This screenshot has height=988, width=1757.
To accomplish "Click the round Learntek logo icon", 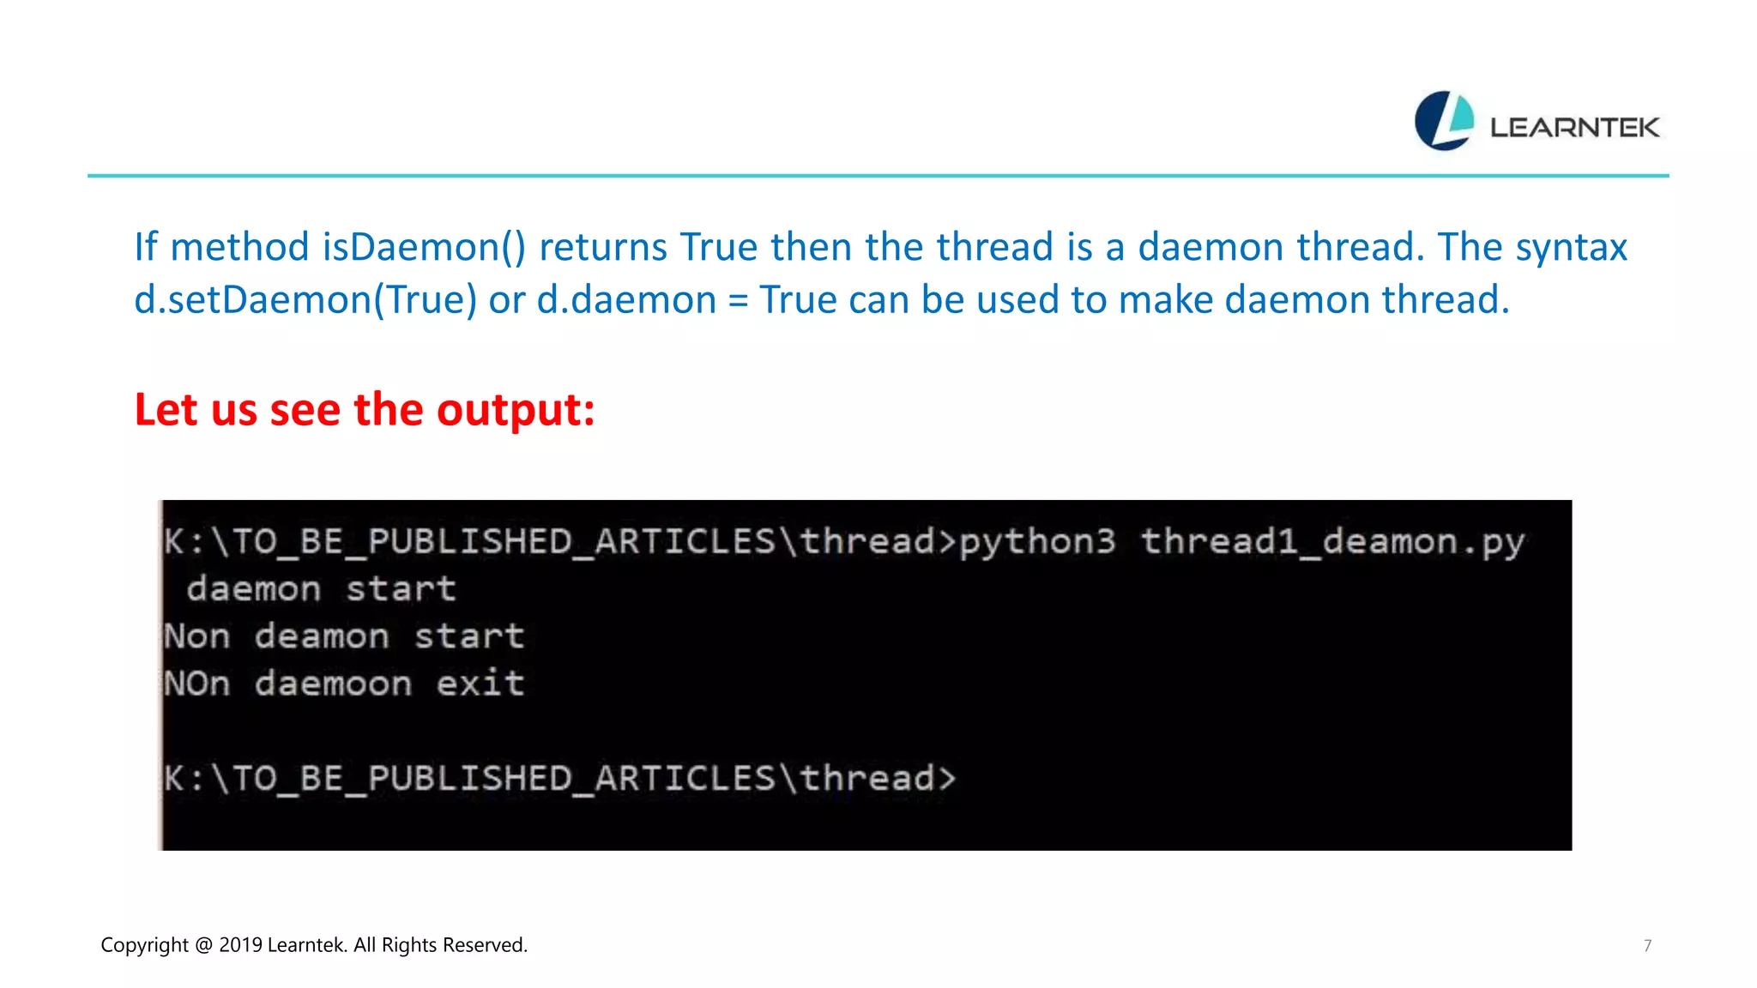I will (1444, 121).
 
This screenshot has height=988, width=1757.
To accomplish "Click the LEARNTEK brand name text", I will (1574, 128).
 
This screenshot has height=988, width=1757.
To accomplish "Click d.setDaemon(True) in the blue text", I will (305, 300).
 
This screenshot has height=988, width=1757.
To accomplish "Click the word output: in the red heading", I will (516, 410).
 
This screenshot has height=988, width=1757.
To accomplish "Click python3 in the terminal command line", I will (1037, 542).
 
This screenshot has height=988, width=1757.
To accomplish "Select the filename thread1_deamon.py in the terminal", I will (1332, 542).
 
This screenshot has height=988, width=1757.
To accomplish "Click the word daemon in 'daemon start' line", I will (254, 589).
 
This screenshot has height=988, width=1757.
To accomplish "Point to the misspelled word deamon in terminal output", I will (322, 636).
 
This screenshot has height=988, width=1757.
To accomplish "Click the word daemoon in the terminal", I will (333, 684).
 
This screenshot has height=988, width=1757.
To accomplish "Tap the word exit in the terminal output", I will (480, 684).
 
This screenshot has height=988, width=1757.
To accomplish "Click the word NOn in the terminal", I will (197, 684).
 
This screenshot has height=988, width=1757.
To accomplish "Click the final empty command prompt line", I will (559, 779).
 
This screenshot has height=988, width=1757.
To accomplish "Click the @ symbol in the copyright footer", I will (203, 945).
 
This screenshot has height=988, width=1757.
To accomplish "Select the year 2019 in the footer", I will (240, 945).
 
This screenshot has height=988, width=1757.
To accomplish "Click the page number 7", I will (1647, 946).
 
